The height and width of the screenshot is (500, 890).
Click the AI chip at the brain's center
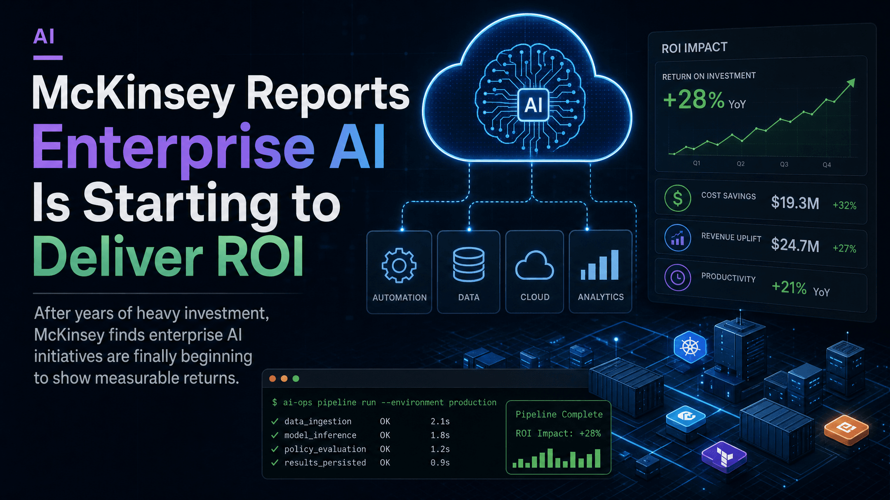point(533,105)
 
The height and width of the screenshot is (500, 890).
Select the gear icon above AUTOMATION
point(399,266)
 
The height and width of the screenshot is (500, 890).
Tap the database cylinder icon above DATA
point(468,264)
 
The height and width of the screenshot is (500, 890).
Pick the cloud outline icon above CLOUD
point(535,265)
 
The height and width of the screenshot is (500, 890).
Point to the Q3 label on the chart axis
point(784,164)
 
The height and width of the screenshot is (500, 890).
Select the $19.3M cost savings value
point(795,203)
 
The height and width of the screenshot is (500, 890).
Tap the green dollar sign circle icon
point(677,198)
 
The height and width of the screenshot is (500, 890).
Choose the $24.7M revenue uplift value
point(795,245)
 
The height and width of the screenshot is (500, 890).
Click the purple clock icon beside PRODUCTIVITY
point(677,277)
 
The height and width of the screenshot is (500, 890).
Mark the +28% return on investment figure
point(694,99)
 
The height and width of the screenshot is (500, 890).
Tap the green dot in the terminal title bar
point(296,378)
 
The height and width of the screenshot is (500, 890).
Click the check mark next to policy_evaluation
point(275,449)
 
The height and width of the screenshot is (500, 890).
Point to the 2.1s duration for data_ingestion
point(440,421)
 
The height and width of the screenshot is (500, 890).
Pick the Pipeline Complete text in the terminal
point(559,414)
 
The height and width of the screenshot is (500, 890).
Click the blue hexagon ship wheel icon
point(690,347)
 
